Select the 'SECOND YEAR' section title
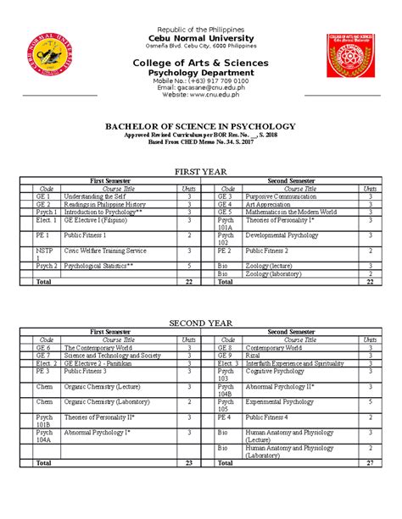pos(200,323)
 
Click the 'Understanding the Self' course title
pos(94,196)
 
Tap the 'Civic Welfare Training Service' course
pos(105,251)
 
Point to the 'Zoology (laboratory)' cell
pos(275,274)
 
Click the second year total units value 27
pos(370,463)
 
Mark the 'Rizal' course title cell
pos(254,356)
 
